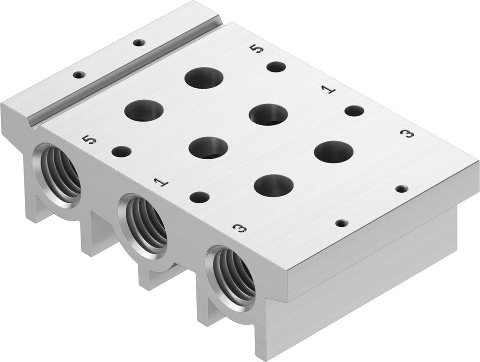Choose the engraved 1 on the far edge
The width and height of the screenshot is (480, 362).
[x=328, y=90]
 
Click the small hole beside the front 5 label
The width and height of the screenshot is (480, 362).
[x=121, y=152]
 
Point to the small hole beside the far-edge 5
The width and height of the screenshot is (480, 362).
[x=276, y=67]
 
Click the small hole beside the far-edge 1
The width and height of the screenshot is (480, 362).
[x=354, y=111]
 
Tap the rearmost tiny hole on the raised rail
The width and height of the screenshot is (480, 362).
[x=138, y=42]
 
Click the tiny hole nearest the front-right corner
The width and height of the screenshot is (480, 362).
[x=341, y=223]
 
